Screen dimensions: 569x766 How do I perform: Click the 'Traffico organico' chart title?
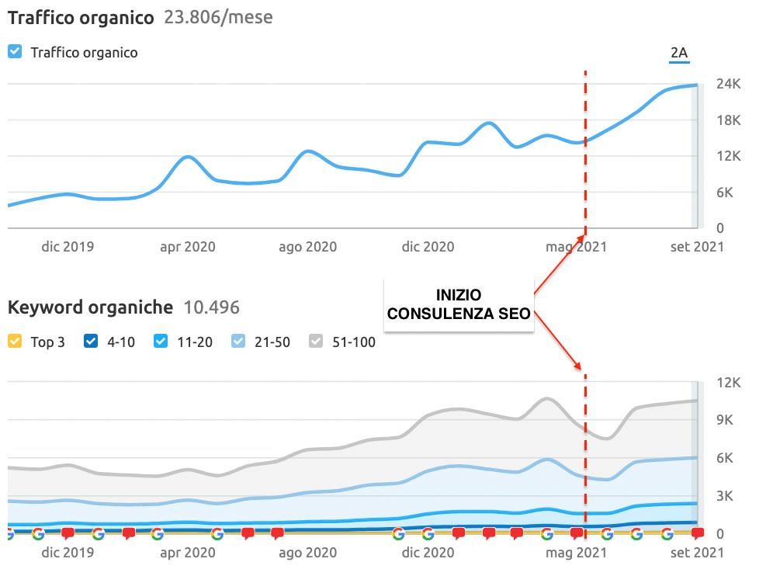pos(81,17)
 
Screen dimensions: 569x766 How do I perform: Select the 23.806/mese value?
pos(218,17)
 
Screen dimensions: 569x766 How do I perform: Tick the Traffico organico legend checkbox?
pos(15,52)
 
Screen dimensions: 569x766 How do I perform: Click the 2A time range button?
pos(678,53)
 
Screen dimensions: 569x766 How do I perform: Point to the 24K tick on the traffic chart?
pos(728,84)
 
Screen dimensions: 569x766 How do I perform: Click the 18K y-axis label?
pos(728,120)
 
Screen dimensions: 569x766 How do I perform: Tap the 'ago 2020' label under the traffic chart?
pos(307,247)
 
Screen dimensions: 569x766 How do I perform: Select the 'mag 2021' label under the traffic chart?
pos(576,247)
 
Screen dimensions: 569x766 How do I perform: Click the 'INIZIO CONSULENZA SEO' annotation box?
pos(459,304)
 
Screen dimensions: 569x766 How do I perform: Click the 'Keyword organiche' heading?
pos(90,307)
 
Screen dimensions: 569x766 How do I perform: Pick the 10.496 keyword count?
pos(211,307)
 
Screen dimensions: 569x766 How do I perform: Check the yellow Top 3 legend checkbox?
pos(15,341)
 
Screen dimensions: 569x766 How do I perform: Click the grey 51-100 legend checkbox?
pos(316,341)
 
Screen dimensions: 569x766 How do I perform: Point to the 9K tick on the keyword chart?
pos(728,420)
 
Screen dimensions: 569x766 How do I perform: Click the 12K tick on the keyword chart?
pos(728,383)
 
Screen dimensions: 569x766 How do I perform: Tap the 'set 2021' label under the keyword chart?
pos(696,553)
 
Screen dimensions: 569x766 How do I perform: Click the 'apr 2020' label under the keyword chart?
pos(187,553)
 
